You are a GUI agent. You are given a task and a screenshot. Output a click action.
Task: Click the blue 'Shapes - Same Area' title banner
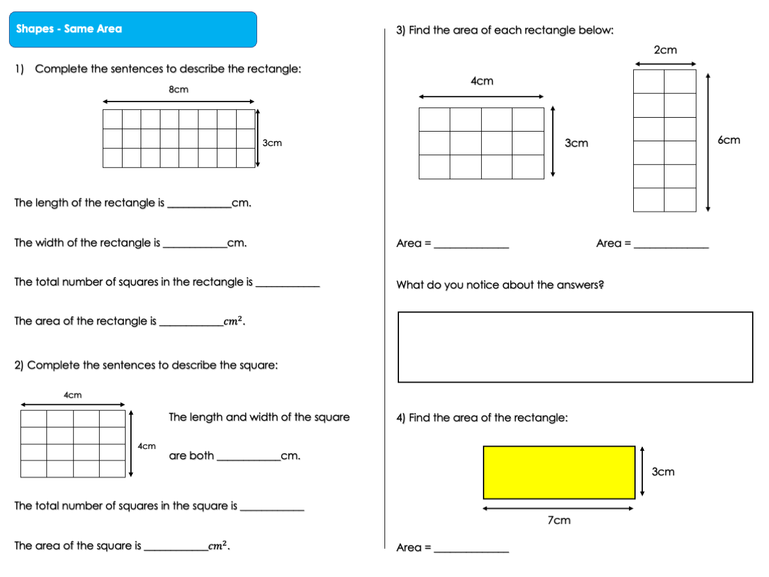tap(133, 29)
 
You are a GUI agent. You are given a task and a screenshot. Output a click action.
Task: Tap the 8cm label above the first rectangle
tap(178, 90)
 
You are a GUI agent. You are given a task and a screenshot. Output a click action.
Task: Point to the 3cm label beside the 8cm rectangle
tap(272, 143)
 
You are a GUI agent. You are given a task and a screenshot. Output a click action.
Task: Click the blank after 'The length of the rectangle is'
tap(199, 204)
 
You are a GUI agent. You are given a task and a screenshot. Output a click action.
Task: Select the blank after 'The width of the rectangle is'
tap(195, 244)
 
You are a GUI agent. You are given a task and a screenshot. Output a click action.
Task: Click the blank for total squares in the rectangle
tap(288, 283)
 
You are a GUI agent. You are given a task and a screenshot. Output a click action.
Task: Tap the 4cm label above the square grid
tap(73, 395)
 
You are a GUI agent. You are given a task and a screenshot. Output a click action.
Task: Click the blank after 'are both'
tap(248, 457)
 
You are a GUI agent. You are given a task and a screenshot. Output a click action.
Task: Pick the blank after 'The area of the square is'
tap(176, 547)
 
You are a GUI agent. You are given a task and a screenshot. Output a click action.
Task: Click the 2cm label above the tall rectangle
tap(665, 50)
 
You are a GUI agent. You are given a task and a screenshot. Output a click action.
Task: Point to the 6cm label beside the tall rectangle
tap(729, 140)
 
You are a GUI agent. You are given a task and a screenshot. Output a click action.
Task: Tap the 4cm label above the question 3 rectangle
tap(482, 81)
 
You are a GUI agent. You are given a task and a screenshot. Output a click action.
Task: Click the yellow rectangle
tap(559, 472)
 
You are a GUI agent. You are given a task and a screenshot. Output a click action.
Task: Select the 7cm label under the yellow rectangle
tap(559, 521)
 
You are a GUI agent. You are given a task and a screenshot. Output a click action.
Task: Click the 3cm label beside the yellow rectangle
tap(663, 472)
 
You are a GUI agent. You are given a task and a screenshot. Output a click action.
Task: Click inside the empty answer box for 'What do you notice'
tap(575, 347)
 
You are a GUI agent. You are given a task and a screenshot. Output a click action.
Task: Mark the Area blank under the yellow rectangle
tap(471, 548)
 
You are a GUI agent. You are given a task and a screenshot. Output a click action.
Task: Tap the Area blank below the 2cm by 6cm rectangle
tap(671, 245)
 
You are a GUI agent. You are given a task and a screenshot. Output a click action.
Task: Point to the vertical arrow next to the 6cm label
tap(708, 142)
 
